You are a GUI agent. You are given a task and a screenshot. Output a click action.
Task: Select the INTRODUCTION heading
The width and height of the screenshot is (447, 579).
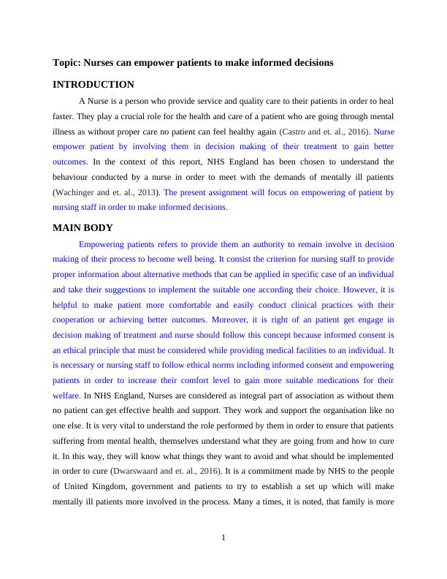click(x=93, y=85)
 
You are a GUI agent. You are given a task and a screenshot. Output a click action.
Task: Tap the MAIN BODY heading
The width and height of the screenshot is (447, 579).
click(x=83, y=228)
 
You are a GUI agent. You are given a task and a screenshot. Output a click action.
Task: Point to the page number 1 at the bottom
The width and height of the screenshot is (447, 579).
click(x=223, y=539)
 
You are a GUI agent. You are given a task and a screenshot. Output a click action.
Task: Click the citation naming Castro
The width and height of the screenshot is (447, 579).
click(x=325, y=132)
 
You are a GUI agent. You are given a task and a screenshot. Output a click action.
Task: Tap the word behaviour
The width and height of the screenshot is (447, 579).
click(x=72, y=177)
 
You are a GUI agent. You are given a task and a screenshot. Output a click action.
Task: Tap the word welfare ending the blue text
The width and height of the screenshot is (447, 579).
click(x=66, y=396)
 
